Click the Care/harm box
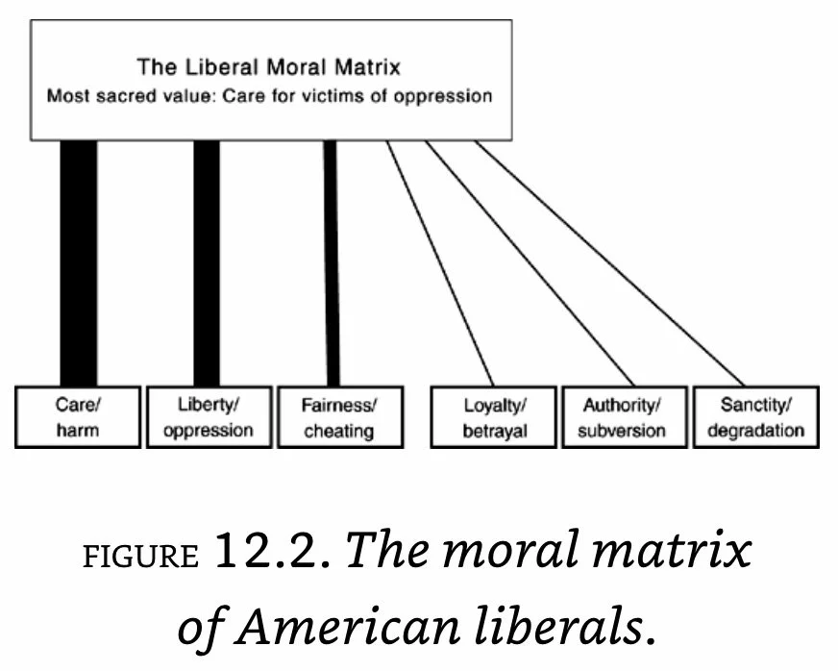point(78,416)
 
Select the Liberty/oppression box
point(208,416)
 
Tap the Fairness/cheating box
point(338,416)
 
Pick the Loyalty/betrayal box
point(494,416)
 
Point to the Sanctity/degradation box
point(755,416)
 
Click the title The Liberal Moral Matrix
point(268,67)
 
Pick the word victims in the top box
point(328,96)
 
